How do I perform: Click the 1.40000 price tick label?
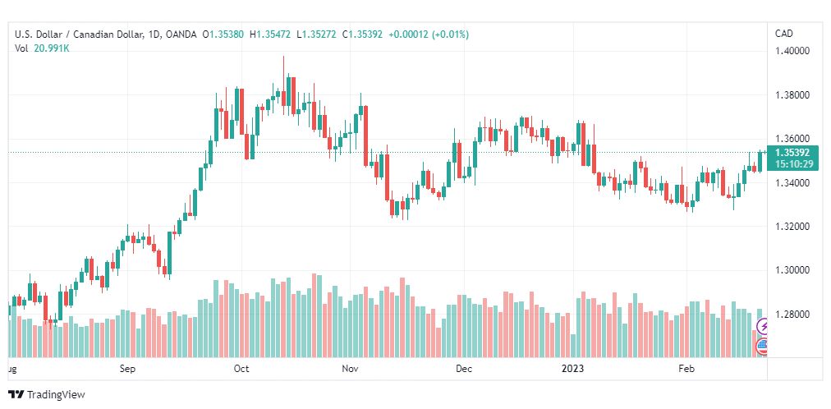tap(793, 51)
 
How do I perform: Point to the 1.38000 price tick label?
tap(793, 95)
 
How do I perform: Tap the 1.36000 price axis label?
tap(793, 139)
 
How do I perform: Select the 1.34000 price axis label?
tap(793, 182)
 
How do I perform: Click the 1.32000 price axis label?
tap(793, 226)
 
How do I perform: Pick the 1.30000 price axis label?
tap(793, 270)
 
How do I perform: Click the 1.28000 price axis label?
tap(793, 314)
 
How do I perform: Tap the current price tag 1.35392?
tap(793, 153)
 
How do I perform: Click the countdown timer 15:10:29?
tap(793, 163)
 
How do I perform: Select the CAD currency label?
tap(784, 34)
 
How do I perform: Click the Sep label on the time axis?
tap(127, 369)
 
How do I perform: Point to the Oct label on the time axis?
tap(241, 369)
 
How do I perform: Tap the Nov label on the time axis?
tap(351, 369)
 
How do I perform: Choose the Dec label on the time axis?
tap(464, 369)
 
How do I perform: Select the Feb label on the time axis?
tap(686, 369)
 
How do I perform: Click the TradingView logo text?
tap(56, 395)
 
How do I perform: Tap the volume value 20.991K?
tap(51, 48)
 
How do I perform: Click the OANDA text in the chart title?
tap(181, 34)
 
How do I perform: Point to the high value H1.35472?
tap(272, 34)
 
